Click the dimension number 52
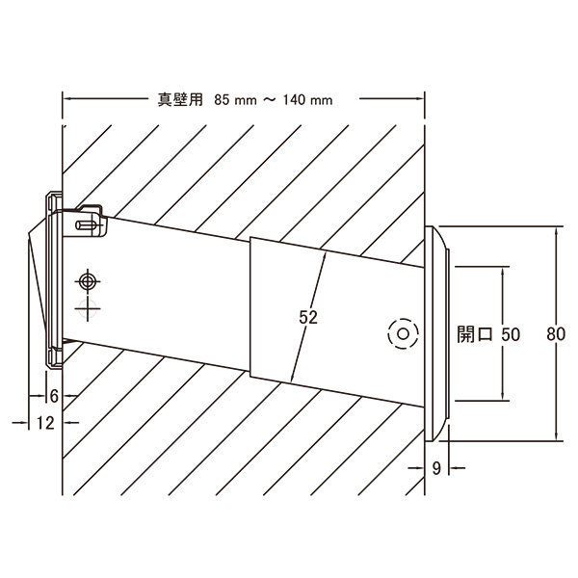coord(308,317)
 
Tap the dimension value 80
coord(556,334)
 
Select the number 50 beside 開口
coord(511,334)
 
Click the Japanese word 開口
coord(475,334)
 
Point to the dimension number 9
coord(436,468)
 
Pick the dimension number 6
coord(54,396)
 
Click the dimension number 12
coord(45,423)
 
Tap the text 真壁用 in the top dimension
coord(181,99)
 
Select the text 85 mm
coord(235,100)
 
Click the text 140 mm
coord(308,100)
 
